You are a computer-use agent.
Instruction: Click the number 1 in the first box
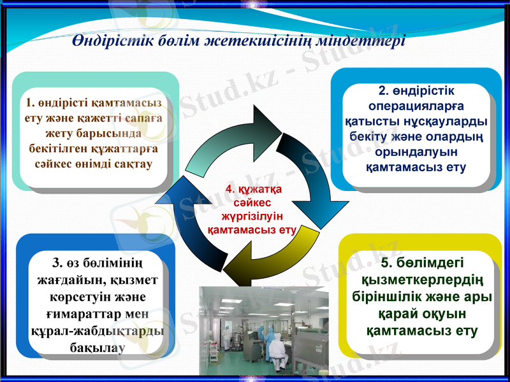pyautogui.click(x=29, y=103)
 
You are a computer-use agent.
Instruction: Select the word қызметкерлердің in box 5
pyautogui.click(x=421, y=281)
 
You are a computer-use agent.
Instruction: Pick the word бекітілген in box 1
pyautogui.click(x=56, y=149)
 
